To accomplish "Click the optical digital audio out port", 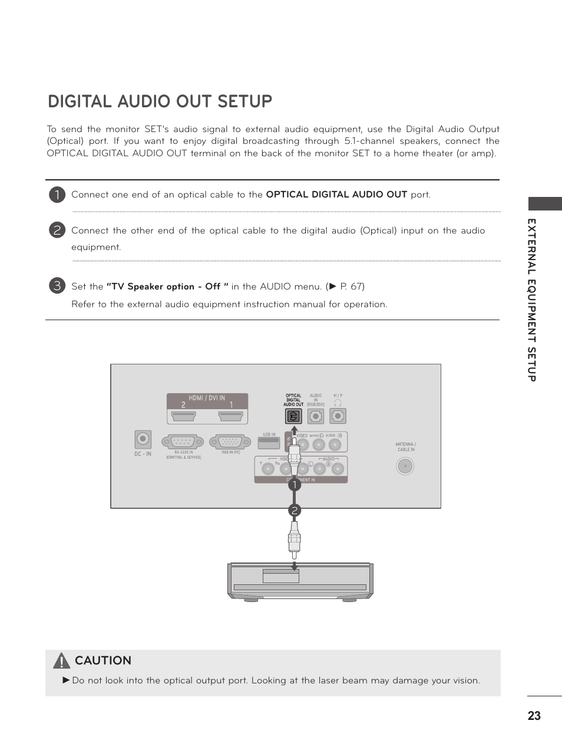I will click(293, 416).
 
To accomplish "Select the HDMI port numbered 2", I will click(183, 416).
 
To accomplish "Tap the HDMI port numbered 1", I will click(231, 416).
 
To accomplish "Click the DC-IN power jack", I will click(143, 439).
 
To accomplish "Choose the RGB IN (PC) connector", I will click(230, 442).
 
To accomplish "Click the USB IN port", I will click(269, 442).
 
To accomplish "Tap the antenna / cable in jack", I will click(405, 466).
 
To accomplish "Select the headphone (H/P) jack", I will click(338, 416).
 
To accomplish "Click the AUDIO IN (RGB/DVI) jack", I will click(316, 416).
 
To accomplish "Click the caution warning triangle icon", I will click(61, 661).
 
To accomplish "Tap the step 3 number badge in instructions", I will click(57, 286).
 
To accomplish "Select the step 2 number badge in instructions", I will click(57, 230).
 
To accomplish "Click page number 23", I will click(534, 716).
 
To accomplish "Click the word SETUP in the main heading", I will click(244, 101).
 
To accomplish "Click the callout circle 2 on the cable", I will click(295, 510).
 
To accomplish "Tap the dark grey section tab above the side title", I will click(544, 204).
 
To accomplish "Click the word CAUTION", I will click(103, 660).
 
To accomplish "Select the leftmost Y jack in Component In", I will click(269, 469).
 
